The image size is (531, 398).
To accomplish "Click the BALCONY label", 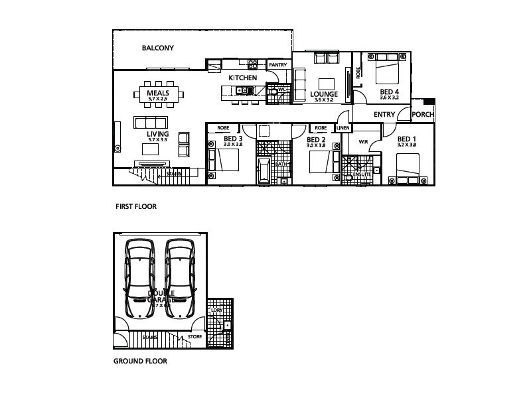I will pos(157,48).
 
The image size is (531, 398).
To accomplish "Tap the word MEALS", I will pos(158,94).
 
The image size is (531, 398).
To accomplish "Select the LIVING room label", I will pos(157,134).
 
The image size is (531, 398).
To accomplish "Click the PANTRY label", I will pos(277,65).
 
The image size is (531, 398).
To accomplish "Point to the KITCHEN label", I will pos(242,78).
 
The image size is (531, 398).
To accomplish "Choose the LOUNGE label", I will pos(324,94).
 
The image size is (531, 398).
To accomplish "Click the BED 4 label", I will pos(390,92).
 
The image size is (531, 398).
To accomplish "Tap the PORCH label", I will pos(423,115).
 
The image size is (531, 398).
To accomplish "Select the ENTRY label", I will pos(384,115).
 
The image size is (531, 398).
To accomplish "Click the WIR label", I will pos(363,142).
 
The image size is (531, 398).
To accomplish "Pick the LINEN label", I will pos(343,128).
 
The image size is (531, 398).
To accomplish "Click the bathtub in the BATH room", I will pos(263,169).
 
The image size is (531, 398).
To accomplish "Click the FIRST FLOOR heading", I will pos(136,207).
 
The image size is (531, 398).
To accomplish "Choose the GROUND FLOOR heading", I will pos(140,362).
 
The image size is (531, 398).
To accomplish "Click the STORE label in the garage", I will pos(194,337).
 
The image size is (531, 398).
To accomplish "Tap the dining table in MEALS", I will pos(158,94).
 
